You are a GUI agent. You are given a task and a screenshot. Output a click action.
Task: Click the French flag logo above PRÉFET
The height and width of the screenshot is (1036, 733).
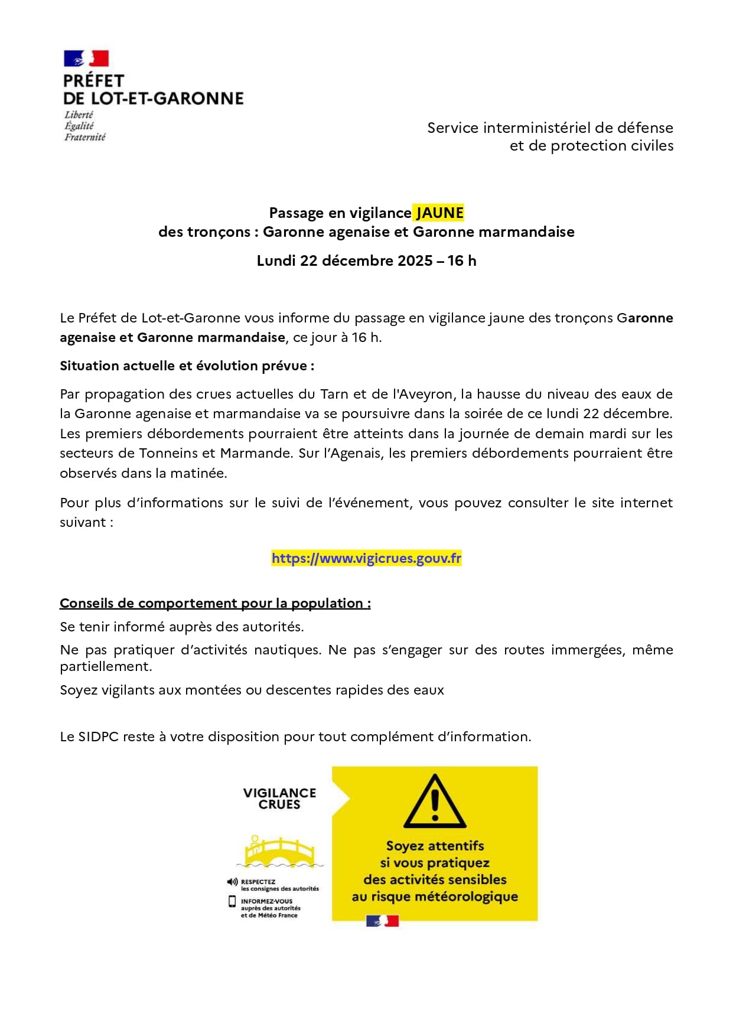[86, 58]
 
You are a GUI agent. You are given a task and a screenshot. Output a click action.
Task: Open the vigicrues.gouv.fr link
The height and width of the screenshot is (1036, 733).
[366, 558]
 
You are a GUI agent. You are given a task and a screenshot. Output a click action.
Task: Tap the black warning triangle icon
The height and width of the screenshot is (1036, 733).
[435, 802]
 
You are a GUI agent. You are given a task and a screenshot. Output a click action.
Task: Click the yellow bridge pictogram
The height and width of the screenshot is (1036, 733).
[280, 851]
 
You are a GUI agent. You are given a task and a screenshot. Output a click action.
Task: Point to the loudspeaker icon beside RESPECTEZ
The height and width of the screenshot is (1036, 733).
[232, 882]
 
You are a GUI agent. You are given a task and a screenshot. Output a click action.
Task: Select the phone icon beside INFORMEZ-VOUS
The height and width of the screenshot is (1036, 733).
[232, 901]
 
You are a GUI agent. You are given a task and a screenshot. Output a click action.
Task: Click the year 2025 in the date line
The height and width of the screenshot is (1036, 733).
[415, 260]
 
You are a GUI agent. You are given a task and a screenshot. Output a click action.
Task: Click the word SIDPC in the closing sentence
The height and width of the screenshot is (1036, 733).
[98, 737]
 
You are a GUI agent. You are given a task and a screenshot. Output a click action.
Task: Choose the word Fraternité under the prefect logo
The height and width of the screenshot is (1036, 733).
[85, 137]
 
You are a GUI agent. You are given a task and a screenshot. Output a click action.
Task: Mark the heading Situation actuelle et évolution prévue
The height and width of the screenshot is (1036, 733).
[187, 366]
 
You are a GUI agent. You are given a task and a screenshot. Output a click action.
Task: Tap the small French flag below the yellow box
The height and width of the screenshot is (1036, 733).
[382, 921]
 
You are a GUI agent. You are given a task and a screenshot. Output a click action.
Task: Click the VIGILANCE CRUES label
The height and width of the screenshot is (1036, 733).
[279, 799]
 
